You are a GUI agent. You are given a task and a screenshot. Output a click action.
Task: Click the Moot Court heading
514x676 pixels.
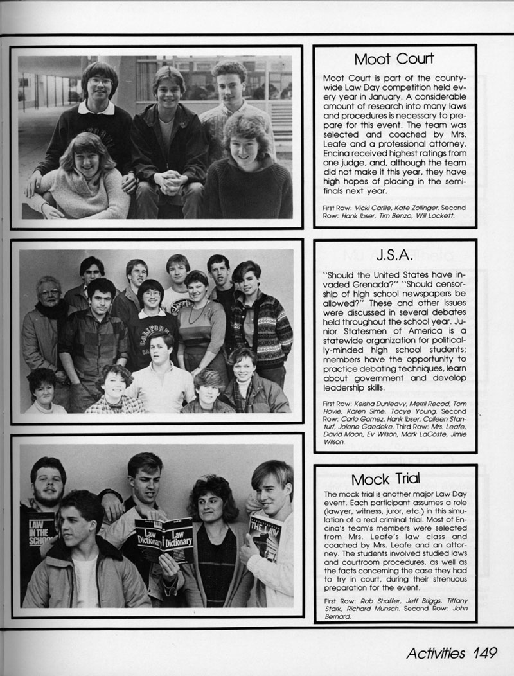tap(394, 59)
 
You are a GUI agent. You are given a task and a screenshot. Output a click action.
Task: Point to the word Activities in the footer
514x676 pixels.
tap(436, 653)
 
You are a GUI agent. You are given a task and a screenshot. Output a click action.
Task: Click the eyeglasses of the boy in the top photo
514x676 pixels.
tap(100, 82)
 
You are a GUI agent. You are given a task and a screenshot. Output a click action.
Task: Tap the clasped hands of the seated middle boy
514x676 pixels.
tap(169, 181)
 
